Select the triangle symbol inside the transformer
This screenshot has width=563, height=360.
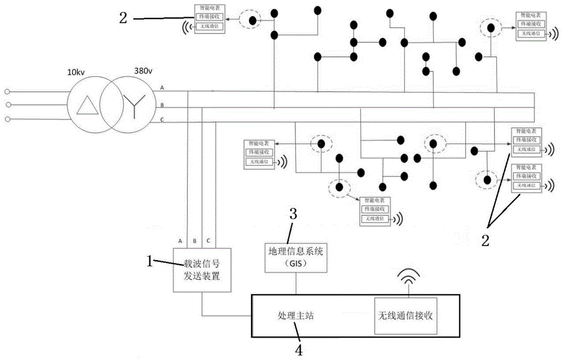click(87, 104)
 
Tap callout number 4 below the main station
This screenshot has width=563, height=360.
click(299, 349)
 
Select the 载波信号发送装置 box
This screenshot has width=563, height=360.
click(202, 269)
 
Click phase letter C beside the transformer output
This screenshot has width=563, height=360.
click(163, 119)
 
